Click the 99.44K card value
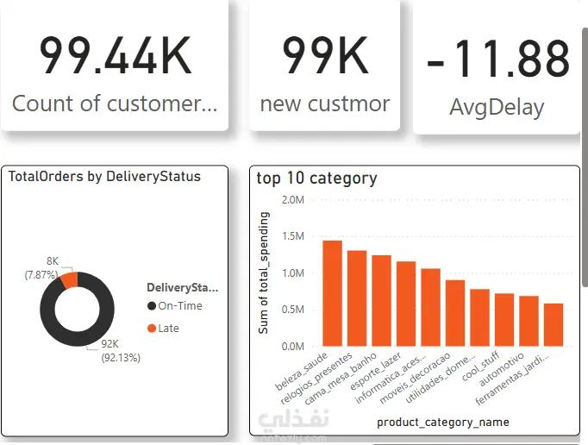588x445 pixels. (x=115, y=57)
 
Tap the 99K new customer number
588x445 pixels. (x=325, y=57)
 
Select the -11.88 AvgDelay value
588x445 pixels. (x=498, y=60)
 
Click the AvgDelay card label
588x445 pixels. (x=497, y=108)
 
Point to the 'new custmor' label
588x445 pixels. (x=325, y=104)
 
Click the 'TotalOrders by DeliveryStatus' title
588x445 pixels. (x=104, y=177)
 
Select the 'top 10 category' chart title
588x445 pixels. (x=316, y=179)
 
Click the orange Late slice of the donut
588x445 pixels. (x=69, y=279)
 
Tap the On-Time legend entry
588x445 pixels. (x=174, y=306)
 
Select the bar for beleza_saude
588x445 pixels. (x=333, y=293)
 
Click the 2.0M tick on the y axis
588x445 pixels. (x=292, y=199)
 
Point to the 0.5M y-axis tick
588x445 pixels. (x=292, y=310)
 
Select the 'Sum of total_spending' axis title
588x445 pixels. (x=264, y=273)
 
